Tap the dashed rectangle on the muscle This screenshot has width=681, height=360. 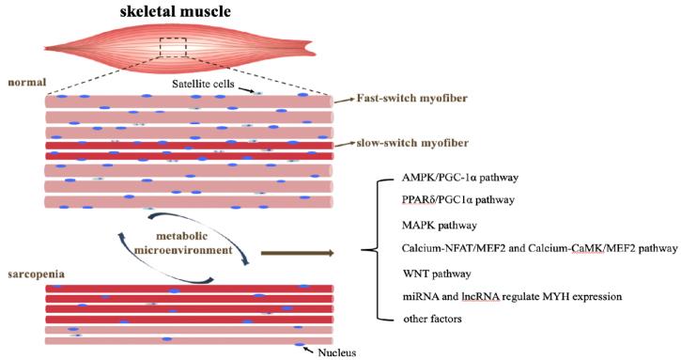point(174,46)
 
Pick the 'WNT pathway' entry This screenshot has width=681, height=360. point(429,273)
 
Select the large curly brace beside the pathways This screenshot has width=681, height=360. point(373,250)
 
